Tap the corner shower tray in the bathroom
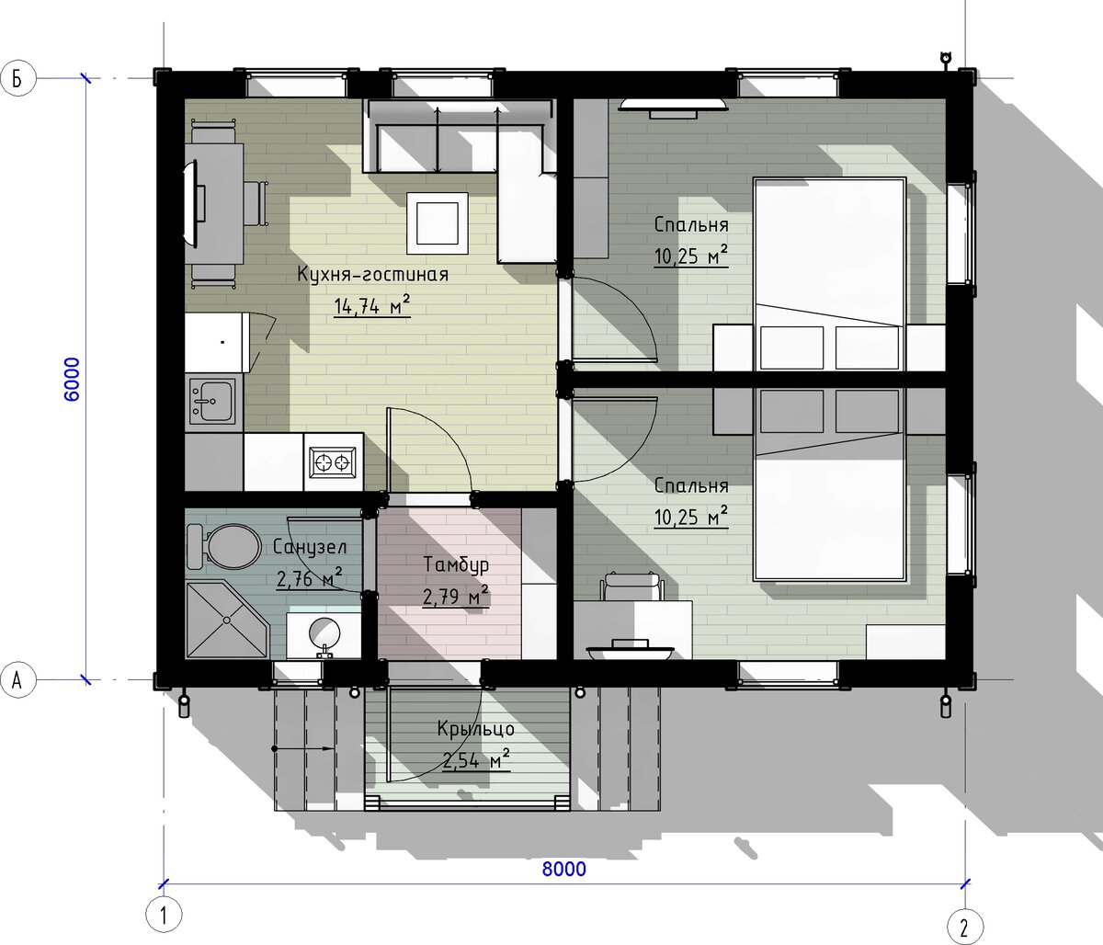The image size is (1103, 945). click(x=227, y=620)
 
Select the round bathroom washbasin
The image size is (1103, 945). click(x=324, y=634)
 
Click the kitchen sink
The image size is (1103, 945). click(x=212, y=401)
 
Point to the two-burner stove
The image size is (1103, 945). click(x=332, y=461)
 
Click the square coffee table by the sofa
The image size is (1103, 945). click(x=438, y=223)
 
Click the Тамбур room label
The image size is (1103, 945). click(x=456, y=564)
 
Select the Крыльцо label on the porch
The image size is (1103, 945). click(x=476, y=729)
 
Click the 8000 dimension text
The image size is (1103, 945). click(x=564, y=870)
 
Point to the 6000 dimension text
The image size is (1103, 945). click(x=71, y=379)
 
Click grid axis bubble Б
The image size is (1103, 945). click(x=17, y=79)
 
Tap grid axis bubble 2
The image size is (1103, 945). click(x=965, y=927)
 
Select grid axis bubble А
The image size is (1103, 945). click(x=17, y=680)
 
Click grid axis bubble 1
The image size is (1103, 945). click(x=164, y=915)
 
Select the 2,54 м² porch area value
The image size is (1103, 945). click(x=476, y=760)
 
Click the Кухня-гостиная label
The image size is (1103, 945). click(x=372, y=274)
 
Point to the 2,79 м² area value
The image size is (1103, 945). click(x=456, y=596)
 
